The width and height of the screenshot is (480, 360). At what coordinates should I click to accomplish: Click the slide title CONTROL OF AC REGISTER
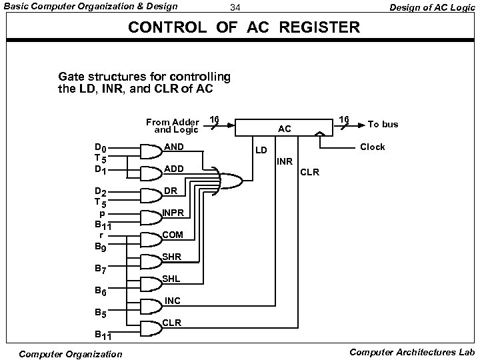point(243,28)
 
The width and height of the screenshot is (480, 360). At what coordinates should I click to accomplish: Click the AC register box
point(285,128)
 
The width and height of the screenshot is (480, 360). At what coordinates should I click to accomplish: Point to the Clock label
point(372,147)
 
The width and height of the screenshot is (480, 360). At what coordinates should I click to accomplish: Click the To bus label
point(383,124)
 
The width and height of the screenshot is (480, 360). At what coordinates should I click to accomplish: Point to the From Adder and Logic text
point(172,125)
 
